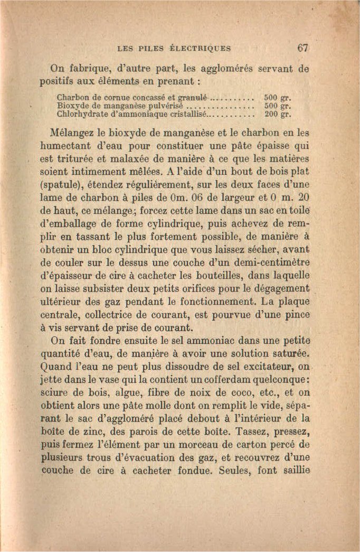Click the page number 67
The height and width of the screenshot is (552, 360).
click(x=302, y=47)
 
